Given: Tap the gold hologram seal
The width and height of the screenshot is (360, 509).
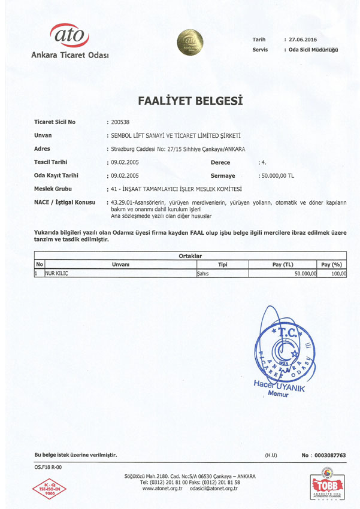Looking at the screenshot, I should pos(190,41).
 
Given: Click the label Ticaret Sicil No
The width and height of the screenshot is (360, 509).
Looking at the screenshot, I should pos(55,122).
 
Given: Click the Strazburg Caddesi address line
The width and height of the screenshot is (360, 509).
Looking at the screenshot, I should pos(177,149).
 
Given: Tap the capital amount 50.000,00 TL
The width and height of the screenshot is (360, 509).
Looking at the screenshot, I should pos(277,176).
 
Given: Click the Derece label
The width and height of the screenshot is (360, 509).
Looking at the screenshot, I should pos(220,162).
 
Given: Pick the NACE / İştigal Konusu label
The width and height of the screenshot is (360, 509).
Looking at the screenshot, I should pos(65,202).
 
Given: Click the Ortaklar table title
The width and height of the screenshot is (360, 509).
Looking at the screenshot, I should pos(190,256).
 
